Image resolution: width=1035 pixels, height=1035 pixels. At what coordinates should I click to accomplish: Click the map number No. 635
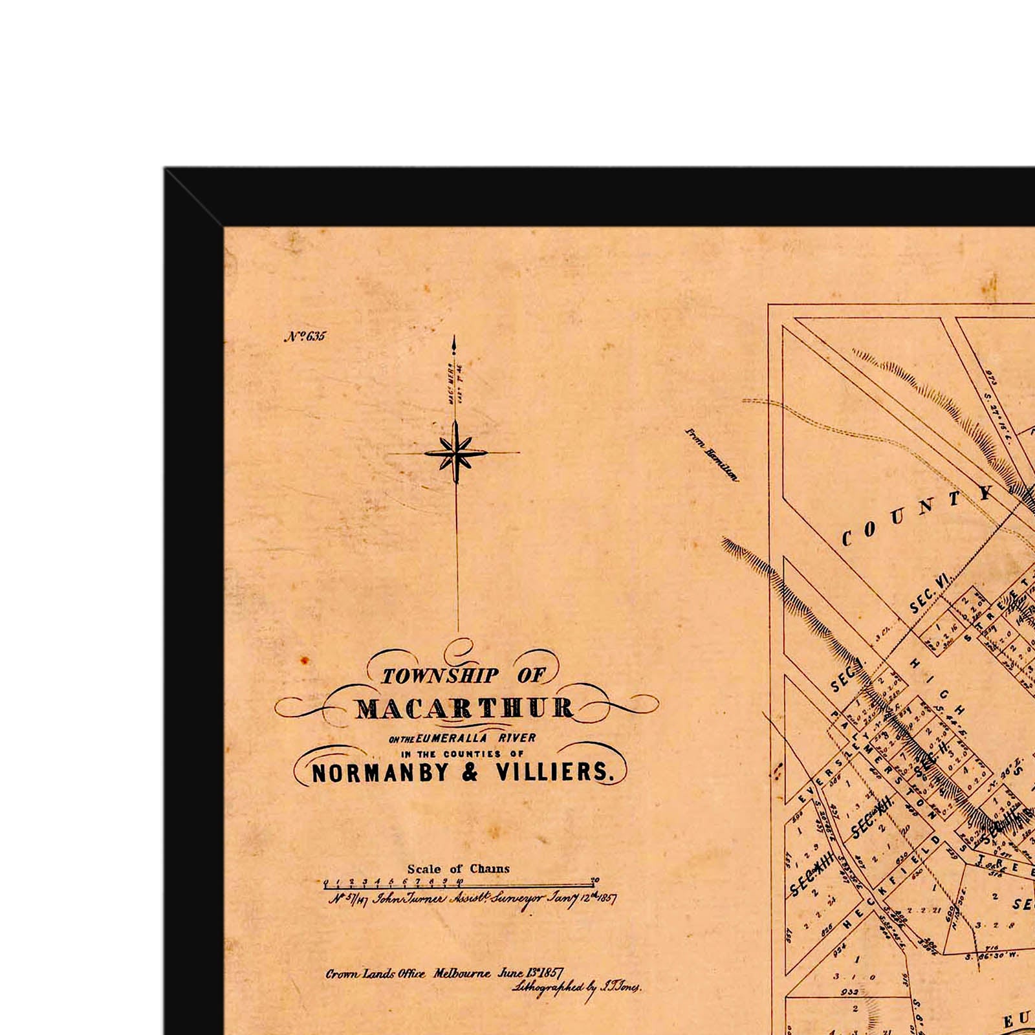305,336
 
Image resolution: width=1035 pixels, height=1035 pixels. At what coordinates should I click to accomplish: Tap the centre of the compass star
456,453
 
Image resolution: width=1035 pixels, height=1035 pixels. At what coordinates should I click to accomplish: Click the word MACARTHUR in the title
464,708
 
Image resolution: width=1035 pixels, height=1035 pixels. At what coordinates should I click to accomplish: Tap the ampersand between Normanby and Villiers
470,772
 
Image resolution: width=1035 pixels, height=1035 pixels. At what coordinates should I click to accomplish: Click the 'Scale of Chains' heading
458,869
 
